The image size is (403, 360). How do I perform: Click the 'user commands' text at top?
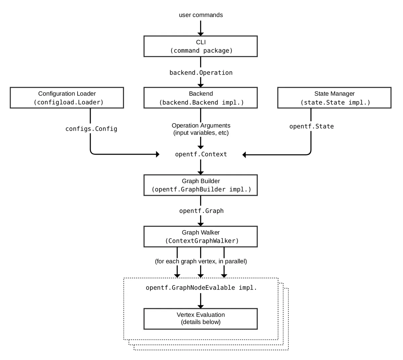pyautogui.click(x=201, y=15)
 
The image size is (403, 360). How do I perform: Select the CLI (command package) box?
pyautogui.click(x=200, y=46)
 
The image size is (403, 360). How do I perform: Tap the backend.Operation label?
pyautogui.click(x=201, y=73)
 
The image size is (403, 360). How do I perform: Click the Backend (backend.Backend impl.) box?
pyautogui.click(x=200, y=98)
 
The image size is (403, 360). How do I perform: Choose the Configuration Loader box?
pyautogui.click(x=67, y=98)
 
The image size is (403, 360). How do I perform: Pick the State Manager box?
pyautogui.click(x=334, y=98)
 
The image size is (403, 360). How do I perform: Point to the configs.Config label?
pyautogui.click(x=91, y=129)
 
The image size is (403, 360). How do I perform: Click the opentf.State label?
pyautogui.click(x=312, y=126)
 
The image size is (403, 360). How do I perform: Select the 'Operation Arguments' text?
pyautogui.click(x=201, y=126)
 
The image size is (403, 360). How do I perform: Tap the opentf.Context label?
pyautogui.click(x=201, y=154)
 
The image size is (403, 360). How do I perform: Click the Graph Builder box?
pyautogui.click(x=200, y=185)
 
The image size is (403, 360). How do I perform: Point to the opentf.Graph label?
pyautogui.click(x=201, y=211)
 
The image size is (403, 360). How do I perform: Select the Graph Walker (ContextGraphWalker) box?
pyautogui.click(x=200, y=236)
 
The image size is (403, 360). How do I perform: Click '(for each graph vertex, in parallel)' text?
pyautogui.click(x=201, y=261)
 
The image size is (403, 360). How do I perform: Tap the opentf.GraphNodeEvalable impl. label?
pyautogui.click(x=201, y=287)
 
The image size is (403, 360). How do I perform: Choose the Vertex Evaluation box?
pyautogui.click(x=200, y=319)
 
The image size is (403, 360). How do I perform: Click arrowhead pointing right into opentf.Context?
pyautogui.click(x=158, y=154)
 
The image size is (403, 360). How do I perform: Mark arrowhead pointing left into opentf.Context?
pyautogui.click(x=244, y=154)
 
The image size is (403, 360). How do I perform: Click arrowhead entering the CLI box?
pyautogui.click(x=200, y=34)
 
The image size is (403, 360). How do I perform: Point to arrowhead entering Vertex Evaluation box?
pyautogui.click(x=200, y=307)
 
